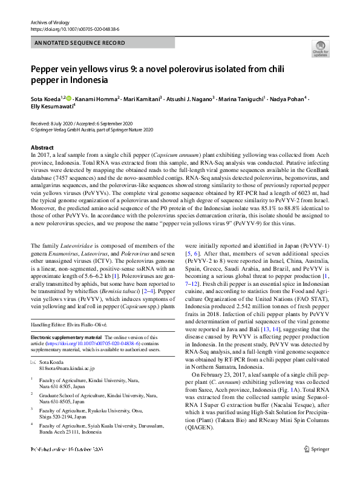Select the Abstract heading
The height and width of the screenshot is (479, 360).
point(44,148)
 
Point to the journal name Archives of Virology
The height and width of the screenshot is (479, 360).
point(51,21)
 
